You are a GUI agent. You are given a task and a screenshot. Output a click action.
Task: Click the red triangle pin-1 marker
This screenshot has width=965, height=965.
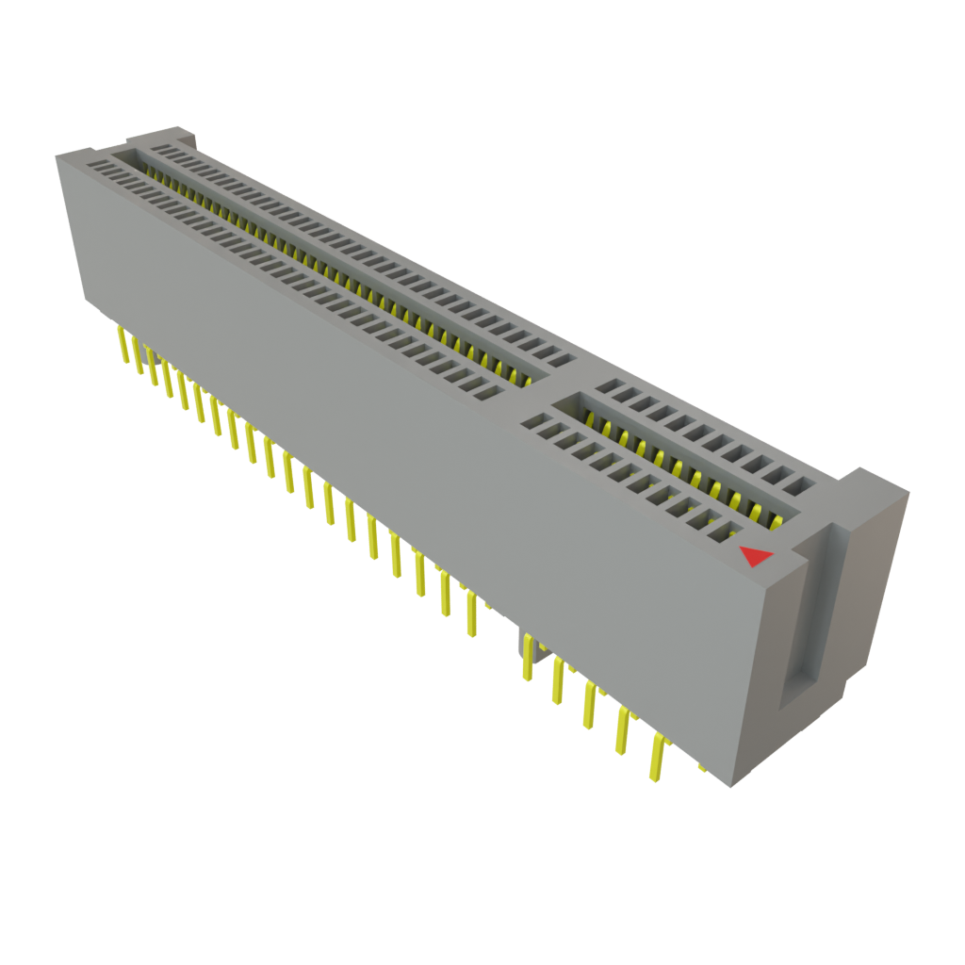[x=756, y=557]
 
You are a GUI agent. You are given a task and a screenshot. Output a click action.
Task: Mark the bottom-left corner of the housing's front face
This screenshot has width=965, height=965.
[x=85, y=302]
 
